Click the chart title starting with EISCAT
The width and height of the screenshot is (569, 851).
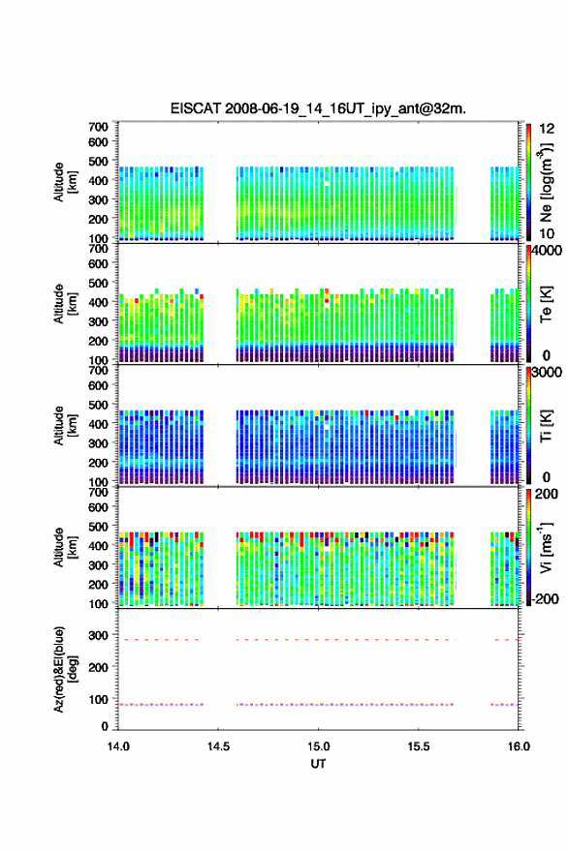coord(318,108)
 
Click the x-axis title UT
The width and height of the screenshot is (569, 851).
coord(318,764)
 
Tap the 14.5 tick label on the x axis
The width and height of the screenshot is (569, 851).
coord(218,746)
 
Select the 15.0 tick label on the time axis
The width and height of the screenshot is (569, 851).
coord(318,746)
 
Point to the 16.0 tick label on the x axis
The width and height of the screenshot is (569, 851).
coord(519,746)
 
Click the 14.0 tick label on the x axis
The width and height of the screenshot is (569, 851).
coord(118,746)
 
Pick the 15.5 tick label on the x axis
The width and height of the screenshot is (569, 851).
coord(419,746)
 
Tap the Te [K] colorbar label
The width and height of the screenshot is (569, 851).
coord(546,304)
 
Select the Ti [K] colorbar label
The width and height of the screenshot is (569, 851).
coord(546,426)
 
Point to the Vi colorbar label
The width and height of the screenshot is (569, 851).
coord(545,547)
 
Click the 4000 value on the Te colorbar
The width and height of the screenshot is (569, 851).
coord(548,252)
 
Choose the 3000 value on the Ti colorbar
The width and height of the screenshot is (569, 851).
coord(548,373)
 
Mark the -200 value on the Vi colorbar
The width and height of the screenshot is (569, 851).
coord(545,598)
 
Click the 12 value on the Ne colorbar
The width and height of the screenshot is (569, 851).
coord(547,129)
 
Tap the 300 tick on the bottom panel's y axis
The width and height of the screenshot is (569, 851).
coord(98,635)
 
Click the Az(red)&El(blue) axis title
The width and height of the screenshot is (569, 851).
coord(65,669)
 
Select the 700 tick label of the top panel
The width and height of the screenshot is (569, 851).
coord(98,127)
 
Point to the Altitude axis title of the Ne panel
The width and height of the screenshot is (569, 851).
coord(65,182)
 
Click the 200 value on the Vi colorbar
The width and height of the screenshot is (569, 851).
coord(546,494)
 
